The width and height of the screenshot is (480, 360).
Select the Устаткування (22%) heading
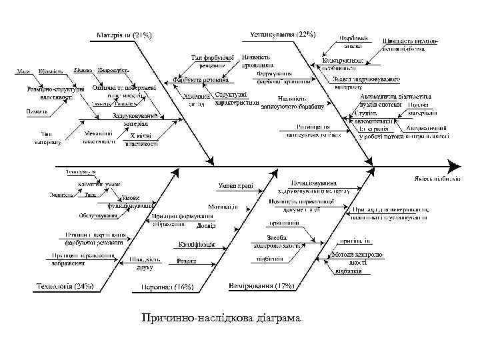pyautogui.click(x=283, y=34)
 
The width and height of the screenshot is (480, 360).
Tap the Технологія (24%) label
pyautogui.click(x=65, y=286)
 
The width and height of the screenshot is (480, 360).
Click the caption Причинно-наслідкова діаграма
pyautogui.click(x=221, y=318)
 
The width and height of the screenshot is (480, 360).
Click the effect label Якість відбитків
pyautogui.click(x=437, y=179)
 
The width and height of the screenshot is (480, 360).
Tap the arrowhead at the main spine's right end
pyautogui.click(x=455, y=165)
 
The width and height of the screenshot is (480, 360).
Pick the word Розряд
pyautogui.click(x=187, y=261)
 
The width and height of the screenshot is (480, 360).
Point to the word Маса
pyautogui.click(x=25, y=71)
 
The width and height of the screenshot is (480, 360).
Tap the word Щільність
pyautogui.click(x=51, y=71)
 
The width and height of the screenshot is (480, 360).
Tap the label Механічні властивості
pyautogui.click(x=97, y=137)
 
